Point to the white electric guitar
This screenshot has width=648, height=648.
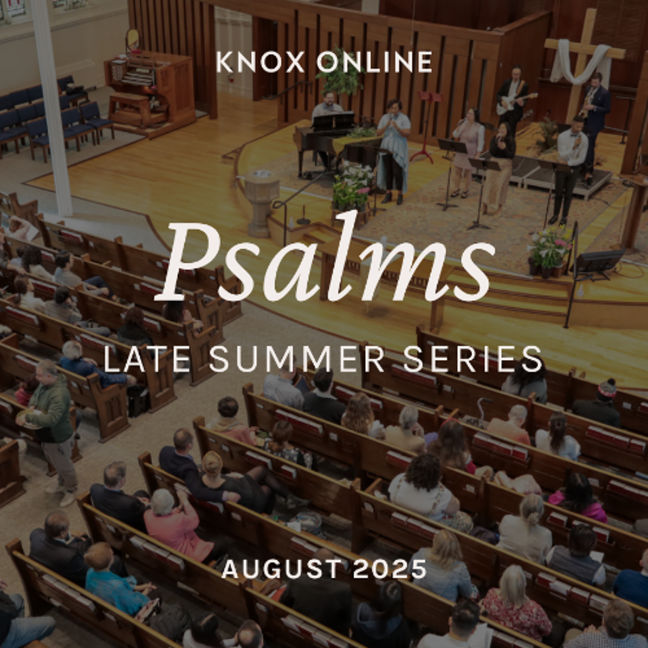pos(515,103)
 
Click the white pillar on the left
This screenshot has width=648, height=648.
pos(54,107)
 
